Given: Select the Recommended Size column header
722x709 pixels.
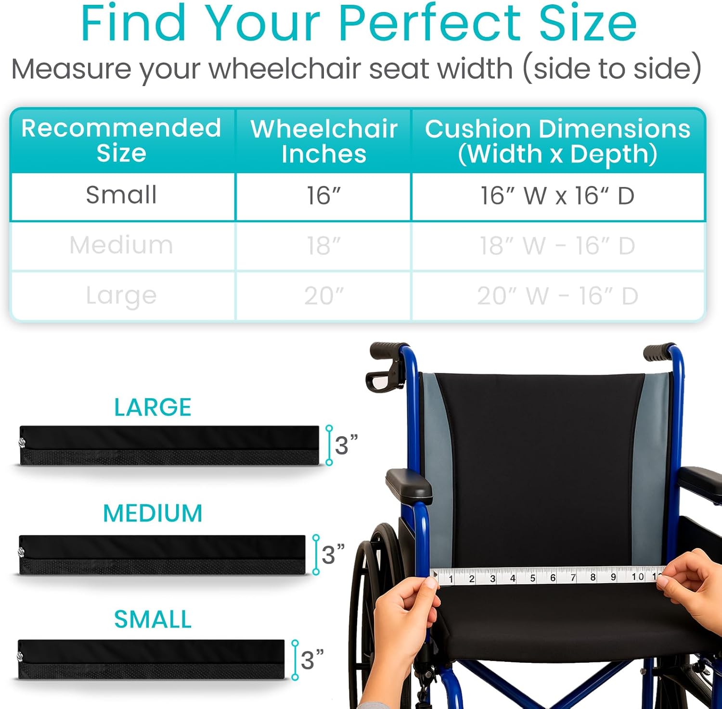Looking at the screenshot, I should pyautogui.click(x=121, y=140).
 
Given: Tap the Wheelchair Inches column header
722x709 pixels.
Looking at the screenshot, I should pyautogui.click(x=323, y=141).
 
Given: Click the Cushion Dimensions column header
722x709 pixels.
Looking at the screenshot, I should pyautogui.click(x=557, y=141).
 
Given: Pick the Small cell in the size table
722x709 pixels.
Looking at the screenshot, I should pyautogui.click(x=121, y=195).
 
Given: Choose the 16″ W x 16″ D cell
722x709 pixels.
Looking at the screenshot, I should pyautogui.click(x=557, y=196).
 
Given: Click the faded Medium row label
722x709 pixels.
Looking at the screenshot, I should pyautogui.click(x=121, y=245).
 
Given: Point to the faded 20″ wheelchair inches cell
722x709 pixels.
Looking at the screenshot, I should pyautogui.click(x=323, y=296).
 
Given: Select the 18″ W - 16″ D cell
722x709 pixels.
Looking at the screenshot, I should pyautogui.click(x=557, y=246).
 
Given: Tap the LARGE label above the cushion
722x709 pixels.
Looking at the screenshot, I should pyautogui.click(x=153, y=407).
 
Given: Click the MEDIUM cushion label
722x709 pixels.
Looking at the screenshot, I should pyautogui.click(x=153, y=513).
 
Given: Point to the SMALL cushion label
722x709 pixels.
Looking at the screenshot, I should pyautogui.click(x=153, y=619).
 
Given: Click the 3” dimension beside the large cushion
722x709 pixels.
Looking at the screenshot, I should pyautogui.click(x=346, y=445).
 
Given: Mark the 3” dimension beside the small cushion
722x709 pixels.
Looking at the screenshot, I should pyautogui.click(x=311, y=659).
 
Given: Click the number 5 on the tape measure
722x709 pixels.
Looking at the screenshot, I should pyautogui.click(x=532, y=578).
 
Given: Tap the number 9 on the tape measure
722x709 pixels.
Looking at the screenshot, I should pyautogui.click(x=613, y=577).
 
